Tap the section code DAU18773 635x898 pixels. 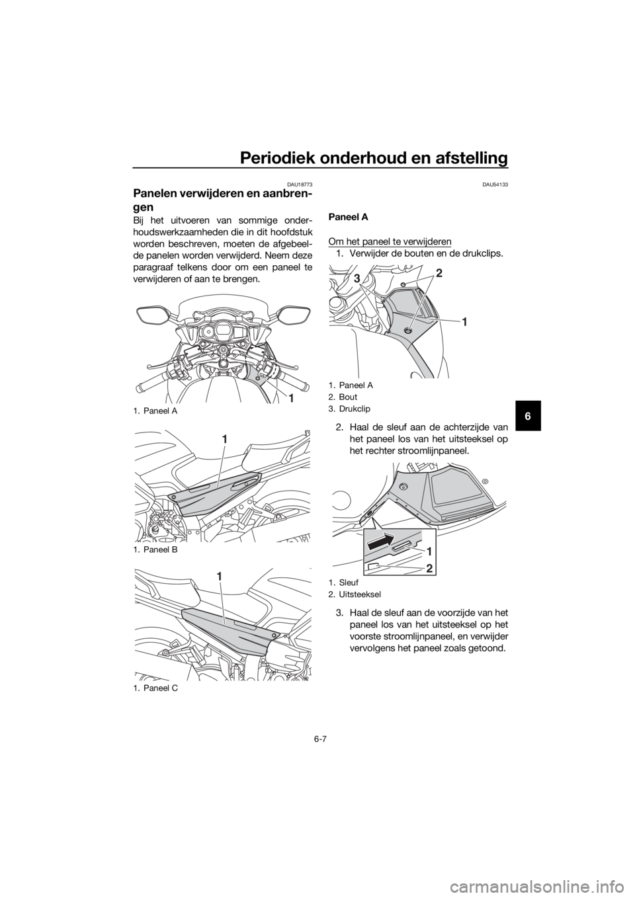[x=301, y=184]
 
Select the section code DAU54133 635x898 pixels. [x=496, y=184]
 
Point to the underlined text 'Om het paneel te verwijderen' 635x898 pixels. [x=390, y=241]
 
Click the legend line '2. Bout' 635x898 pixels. [x=343, y=397]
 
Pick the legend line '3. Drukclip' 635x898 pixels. [x=349, y=409]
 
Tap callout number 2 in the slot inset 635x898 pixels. [x=429, y=568]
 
